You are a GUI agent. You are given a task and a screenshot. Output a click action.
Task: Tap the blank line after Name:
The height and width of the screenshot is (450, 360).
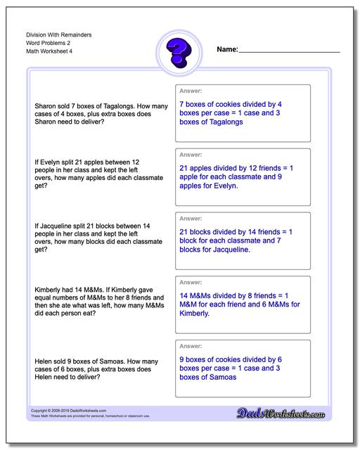pos(289,52)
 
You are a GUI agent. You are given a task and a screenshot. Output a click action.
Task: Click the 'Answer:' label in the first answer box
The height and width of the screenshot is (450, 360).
pos(191,91)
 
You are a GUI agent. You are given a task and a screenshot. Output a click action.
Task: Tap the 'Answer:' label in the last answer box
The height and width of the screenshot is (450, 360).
pos(191,346)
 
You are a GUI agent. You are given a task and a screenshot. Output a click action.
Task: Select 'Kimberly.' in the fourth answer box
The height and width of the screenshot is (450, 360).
pos(195,313)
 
